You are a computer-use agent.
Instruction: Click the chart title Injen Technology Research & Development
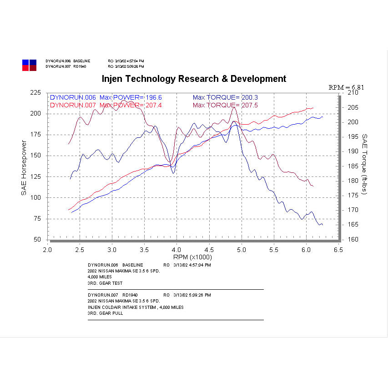tap(194, 79)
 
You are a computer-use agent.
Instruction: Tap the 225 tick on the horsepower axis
tap(35, 92)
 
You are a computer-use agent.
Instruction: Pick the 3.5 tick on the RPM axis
tap(144, 250)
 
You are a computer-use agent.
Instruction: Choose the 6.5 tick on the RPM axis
tap(338, 250)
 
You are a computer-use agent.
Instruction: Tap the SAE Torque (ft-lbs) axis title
tap(364, 164)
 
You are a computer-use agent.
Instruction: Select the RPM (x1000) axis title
tap(192, 258)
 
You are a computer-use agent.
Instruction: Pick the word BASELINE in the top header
tap(82, 60)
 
